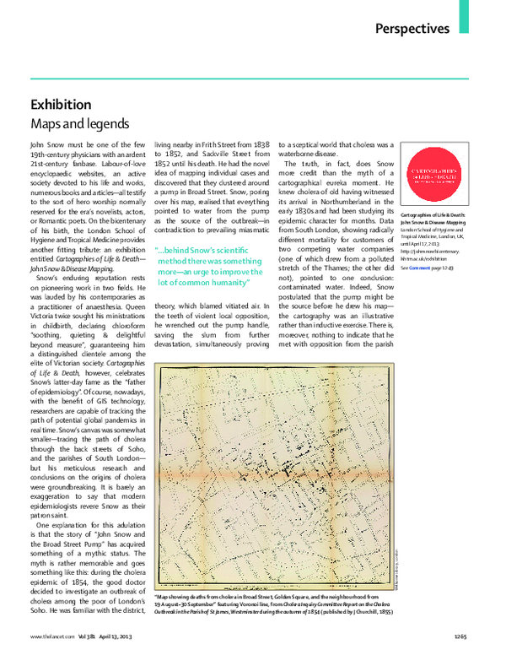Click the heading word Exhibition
click(61, 105)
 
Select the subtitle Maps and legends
click(79, 125)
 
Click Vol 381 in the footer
click(90, 636)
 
